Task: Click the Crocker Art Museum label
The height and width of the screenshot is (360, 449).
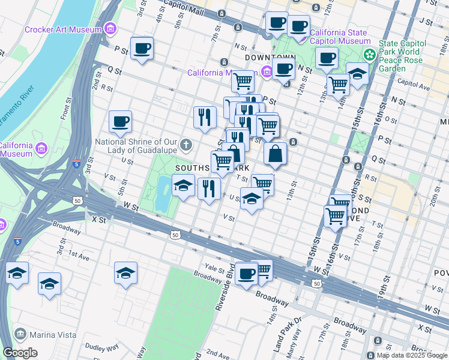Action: coord(63,29)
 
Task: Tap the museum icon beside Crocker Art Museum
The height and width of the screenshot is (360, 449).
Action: coord(109,28)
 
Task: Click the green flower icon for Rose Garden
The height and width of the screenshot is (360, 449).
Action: coord(370,54)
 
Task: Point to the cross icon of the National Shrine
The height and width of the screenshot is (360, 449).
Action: coord(187,144)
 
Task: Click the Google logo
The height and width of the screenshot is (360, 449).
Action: coord(20,353)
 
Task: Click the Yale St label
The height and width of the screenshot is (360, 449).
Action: coord(214,268)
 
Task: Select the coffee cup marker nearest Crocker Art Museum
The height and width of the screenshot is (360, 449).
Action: coord(142,49)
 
